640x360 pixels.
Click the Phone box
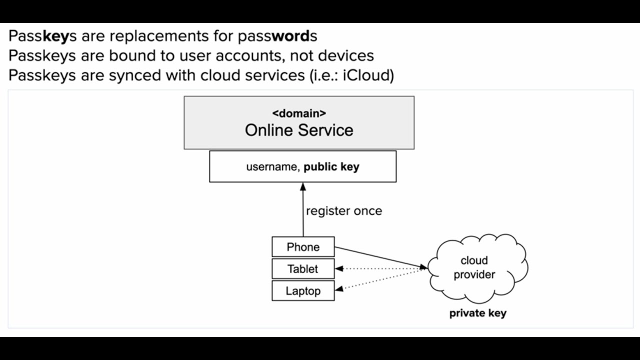click(303, 247)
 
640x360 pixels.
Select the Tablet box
click(303, 269)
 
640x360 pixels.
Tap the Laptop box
click(303, 290)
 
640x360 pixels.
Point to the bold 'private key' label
click(477, 313)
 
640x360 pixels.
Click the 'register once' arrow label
click(344, 211)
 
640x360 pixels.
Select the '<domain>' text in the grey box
click(299, 113)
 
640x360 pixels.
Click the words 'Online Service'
click(299, 130)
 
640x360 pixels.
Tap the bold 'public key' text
click(331, 167)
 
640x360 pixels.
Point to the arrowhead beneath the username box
click(303, 187)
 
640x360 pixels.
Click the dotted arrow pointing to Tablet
click(380, 269)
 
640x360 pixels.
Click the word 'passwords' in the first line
click(277, 36)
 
